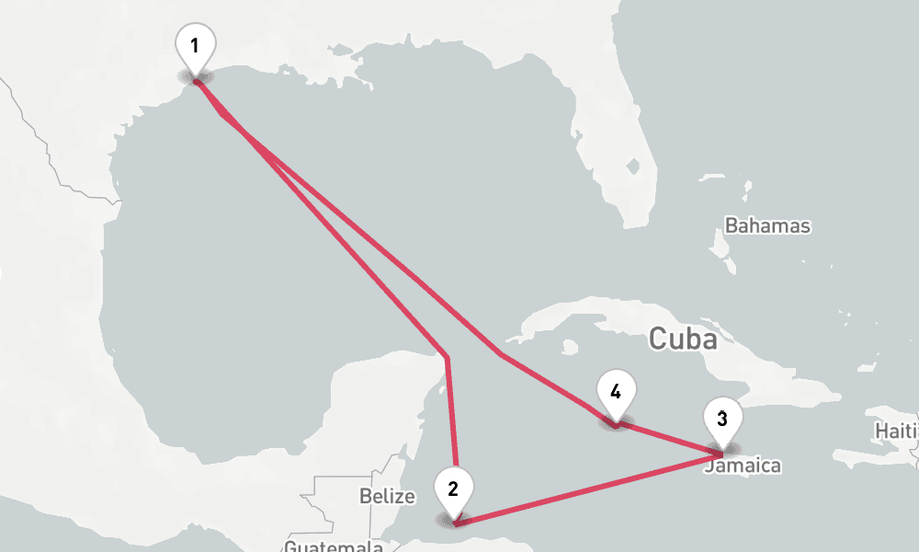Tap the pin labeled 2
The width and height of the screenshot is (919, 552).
coord(453,489)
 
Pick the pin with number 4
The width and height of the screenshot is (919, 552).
coord(615,392)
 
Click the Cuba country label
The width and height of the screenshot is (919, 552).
coord(682,339)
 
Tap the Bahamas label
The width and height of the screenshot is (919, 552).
coord(767,225)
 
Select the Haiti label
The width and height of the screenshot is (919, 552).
coord(897,431)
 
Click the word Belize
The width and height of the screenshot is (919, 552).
coord(387,497)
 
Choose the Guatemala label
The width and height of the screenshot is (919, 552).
coord(333,546)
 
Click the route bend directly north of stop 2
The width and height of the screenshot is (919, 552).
coord(447,356)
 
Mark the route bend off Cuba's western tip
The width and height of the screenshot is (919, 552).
coord(501,353)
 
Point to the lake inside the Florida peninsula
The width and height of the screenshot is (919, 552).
coord(632,167)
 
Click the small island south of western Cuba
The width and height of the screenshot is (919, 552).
coord(571,348)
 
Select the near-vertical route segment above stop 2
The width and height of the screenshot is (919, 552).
coord(450,414)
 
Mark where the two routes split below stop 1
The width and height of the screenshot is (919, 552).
coord(223,115)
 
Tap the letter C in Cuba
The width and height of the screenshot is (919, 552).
coord(658,339)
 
